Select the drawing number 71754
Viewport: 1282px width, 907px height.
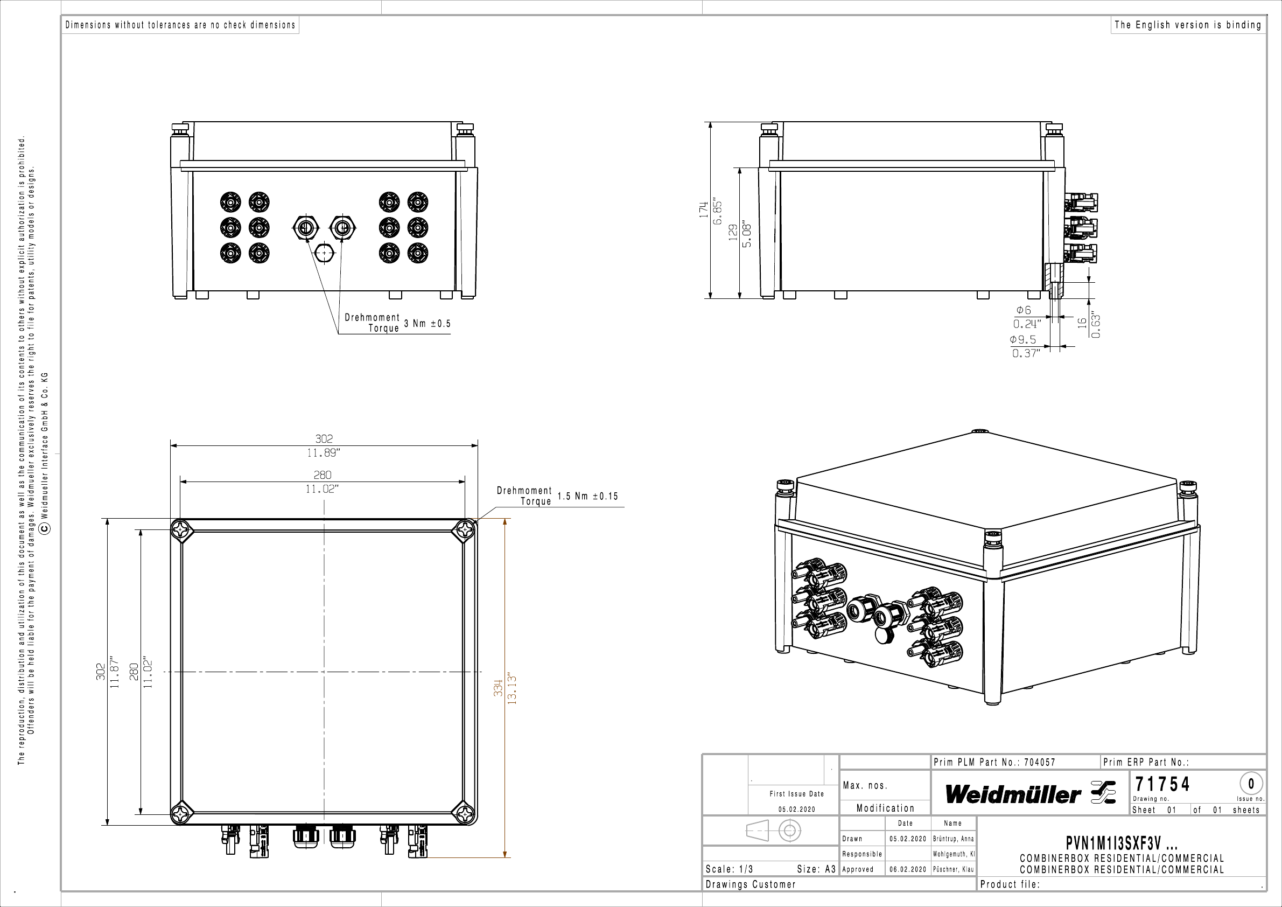click(1162, 784)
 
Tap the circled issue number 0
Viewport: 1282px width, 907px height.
click(1251, 784)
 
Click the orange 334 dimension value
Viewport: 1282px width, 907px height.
click(498, 687)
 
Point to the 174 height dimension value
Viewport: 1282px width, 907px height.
click(704, 209)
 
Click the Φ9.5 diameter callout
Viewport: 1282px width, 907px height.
click(1023, 339)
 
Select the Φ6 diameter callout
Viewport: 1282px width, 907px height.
click(1024, 310)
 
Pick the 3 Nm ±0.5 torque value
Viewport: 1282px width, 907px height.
click(427, 323)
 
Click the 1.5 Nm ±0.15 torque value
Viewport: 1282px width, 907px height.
click(588, 496)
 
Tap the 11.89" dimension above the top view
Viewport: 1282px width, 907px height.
click(323, 453)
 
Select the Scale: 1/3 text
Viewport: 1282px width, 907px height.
click(729, 869)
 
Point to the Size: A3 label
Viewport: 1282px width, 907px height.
click(816, 869)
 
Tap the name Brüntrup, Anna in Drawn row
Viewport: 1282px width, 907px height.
click(953, 839)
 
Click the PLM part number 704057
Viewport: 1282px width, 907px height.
click(1040, 762)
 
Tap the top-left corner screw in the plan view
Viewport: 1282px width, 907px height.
click(181, 529)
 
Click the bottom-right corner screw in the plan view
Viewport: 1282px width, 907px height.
click(465, 813)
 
